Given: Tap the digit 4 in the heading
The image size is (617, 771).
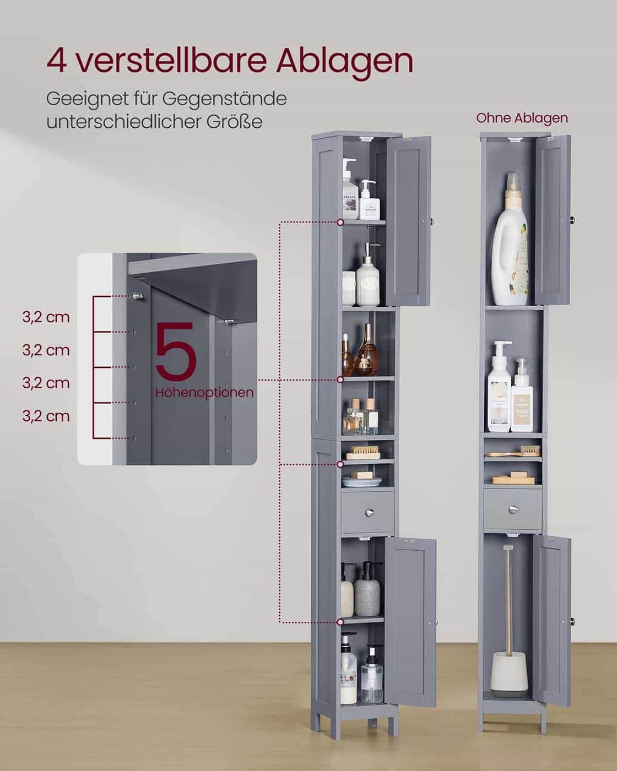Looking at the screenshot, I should click(x=57, y=61).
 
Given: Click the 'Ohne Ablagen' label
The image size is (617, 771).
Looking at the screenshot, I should click(x=522, y=118).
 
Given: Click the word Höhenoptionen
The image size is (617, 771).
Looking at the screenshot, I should click(x=204, y=393).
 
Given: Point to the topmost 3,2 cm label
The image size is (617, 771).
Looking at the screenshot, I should click(x=46, y=317).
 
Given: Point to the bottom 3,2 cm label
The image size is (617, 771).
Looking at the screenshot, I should click(x=46, y=416).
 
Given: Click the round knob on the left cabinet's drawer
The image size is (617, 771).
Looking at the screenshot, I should click(x=367, y=512).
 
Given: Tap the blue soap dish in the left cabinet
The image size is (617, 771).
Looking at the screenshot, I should click(x=362, y=482).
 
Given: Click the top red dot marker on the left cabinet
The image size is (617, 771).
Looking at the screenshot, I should click(x=341, y=222).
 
